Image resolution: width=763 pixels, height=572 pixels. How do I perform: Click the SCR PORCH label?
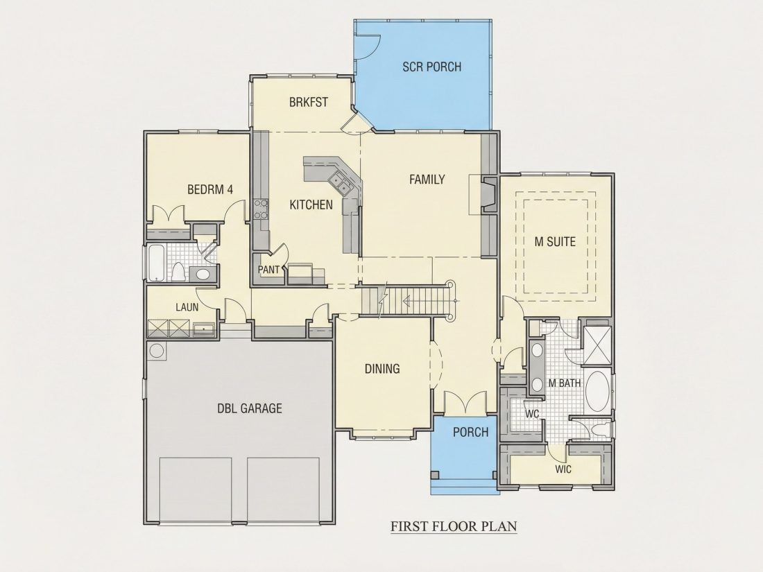click(431, 67)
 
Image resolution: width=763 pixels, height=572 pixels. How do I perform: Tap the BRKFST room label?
click(309, 102)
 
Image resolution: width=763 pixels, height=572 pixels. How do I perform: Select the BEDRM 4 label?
click(210, 189)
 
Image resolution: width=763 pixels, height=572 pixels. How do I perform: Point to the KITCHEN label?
click(311, 205)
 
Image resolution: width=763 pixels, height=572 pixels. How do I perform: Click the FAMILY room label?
click(427, 180)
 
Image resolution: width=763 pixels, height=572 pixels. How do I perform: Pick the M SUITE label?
click(555, 242)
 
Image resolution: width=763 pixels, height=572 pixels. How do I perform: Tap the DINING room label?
click(382, 369)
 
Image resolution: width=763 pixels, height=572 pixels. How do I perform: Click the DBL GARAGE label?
click(250, 408)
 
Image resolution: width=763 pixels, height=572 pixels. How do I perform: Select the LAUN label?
click(187, 307)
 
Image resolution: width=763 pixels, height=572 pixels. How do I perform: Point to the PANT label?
click(268, 270)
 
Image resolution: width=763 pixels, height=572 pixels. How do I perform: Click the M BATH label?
click(565, 383)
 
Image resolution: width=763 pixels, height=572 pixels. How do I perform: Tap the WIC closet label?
click(563, 469)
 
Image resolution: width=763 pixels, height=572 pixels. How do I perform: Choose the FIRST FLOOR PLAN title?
click(454, 526)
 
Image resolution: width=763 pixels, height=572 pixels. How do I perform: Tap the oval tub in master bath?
click(598, 392)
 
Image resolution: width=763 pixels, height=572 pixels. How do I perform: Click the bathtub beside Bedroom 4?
click(156, 263)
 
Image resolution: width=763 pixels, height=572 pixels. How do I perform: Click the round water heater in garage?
click(157, 351)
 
